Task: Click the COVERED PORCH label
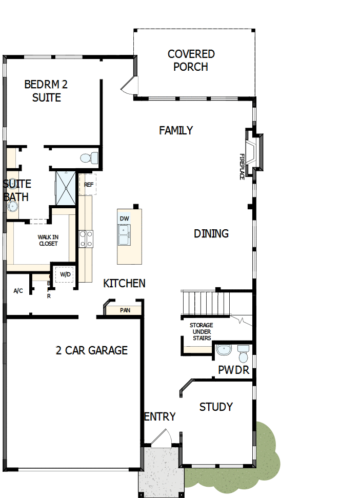click(191, 61)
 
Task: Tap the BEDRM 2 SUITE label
click(46, 91)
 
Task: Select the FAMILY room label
click(176, 131)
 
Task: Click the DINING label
click(211, 234)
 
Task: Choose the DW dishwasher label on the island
click(124, 219)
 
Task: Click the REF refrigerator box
click(88, 184)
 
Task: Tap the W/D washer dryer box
click(65, 274)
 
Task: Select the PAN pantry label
click(125, 310)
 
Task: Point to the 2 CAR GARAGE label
click(91, 351)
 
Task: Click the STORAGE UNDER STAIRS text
click(201, 332)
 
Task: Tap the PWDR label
click(234, 370)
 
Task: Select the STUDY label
click(216, 407)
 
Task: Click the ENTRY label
click(160, 417)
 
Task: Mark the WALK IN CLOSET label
click(48, 241)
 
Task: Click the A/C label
click(18, 291)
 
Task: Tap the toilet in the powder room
click(243, 353)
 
